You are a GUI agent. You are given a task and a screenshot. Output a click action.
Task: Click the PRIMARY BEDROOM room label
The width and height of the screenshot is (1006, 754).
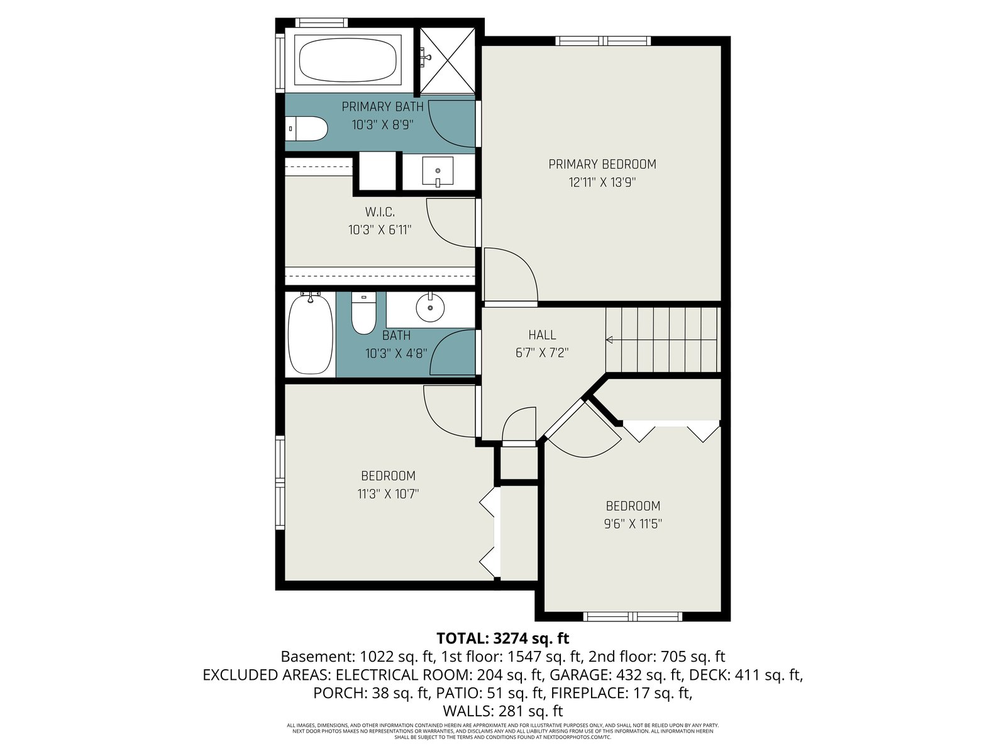(x=602, y=164)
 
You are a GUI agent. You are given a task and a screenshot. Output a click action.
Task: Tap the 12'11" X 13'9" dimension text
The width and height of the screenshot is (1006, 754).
(x=602, y=183)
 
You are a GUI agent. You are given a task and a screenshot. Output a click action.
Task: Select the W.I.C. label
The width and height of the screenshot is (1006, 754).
(x=380, y=212)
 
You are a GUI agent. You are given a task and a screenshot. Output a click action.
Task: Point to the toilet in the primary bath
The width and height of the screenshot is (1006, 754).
(x=306, y=129)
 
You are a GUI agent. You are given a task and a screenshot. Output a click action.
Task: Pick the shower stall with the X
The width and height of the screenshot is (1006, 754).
(x=447, y=60)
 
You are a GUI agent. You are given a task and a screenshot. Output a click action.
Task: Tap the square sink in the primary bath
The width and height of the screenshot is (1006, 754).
(x=438, y=171)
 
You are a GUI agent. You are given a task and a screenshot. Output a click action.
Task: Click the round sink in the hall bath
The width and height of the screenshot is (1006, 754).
(x=430, y=307)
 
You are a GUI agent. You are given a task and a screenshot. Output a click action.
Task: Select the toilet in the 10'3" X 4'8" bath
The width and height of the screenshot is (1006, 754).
(x=364, y=314)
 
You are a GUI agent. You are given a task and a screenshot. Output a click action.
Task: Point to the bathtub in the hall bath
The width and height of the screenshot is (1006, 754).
(x=310, y=334)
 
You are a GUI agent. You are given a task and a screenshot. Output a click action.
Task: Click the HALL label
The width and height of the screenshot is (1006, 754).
(x=542, y=335)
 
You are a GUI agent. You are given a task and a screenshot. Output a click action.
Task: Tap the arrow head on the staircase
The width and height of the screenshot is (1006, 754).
(x=609, y=340)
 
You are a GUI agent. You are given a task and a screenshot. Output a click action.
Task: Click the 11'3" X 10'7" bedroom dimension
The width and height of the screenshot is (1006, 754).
(x=388, y=494)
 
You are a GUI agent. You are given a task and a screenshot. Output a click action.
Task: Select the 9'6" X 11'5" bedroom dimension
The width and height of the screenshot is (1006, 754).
(x=633, y=524)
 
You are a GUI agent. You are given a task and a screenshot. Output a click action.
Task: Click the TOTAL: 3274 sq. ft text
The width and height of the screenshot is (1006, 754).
(x=503, y=638)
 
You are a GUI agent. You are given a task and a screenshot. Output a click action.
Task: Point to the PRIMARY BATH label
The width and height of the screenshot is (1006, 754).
(x=383, y=107)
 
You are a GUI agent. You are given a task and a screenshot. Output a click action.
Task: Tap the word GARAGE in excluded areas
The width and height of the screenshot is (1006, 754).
(x=579, y=675)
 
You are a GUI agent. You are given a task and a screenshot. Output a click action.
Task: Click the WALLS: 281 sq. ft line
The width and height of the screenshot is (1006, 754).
(x=503, y=711)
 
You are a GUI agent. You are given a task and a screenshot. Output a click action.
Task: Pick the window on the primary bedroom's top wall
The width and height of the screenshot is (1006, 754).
(x=603, y=41)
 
